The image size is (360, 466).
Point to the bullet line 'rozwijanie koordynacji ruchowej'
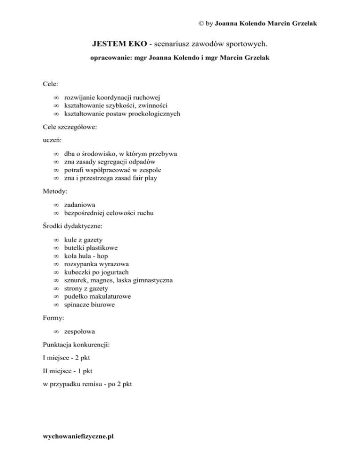click(112, 97)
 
